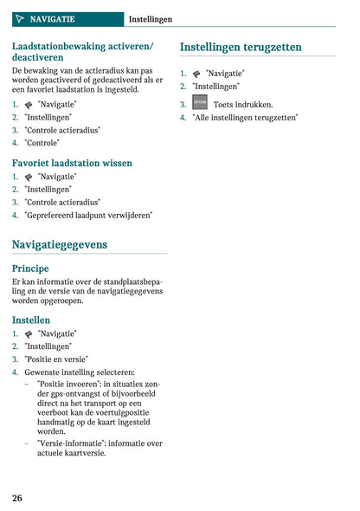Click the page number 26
click(x=17, y=497)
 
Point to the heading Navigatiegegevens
click(x=60, y=245)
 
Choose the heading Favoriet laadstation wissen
click(x=72, y=162)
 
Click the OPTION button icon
click(x=199, y=103)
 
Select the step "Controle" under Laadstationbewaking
click(x=42, y=143)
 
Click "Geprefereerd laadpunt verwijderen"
click(x=88, y=215)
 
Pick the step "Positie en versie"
click(x=56, y=359)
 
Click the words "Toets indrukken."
click(x=242, y=104)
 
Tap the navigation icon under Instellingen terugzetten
click(x=196, y=74)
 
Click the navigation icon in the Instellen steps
click(x=29, y=333)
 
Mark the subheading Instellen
click(x=31, y=320)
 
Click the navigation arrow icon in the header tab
click(x=20, y=18)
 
